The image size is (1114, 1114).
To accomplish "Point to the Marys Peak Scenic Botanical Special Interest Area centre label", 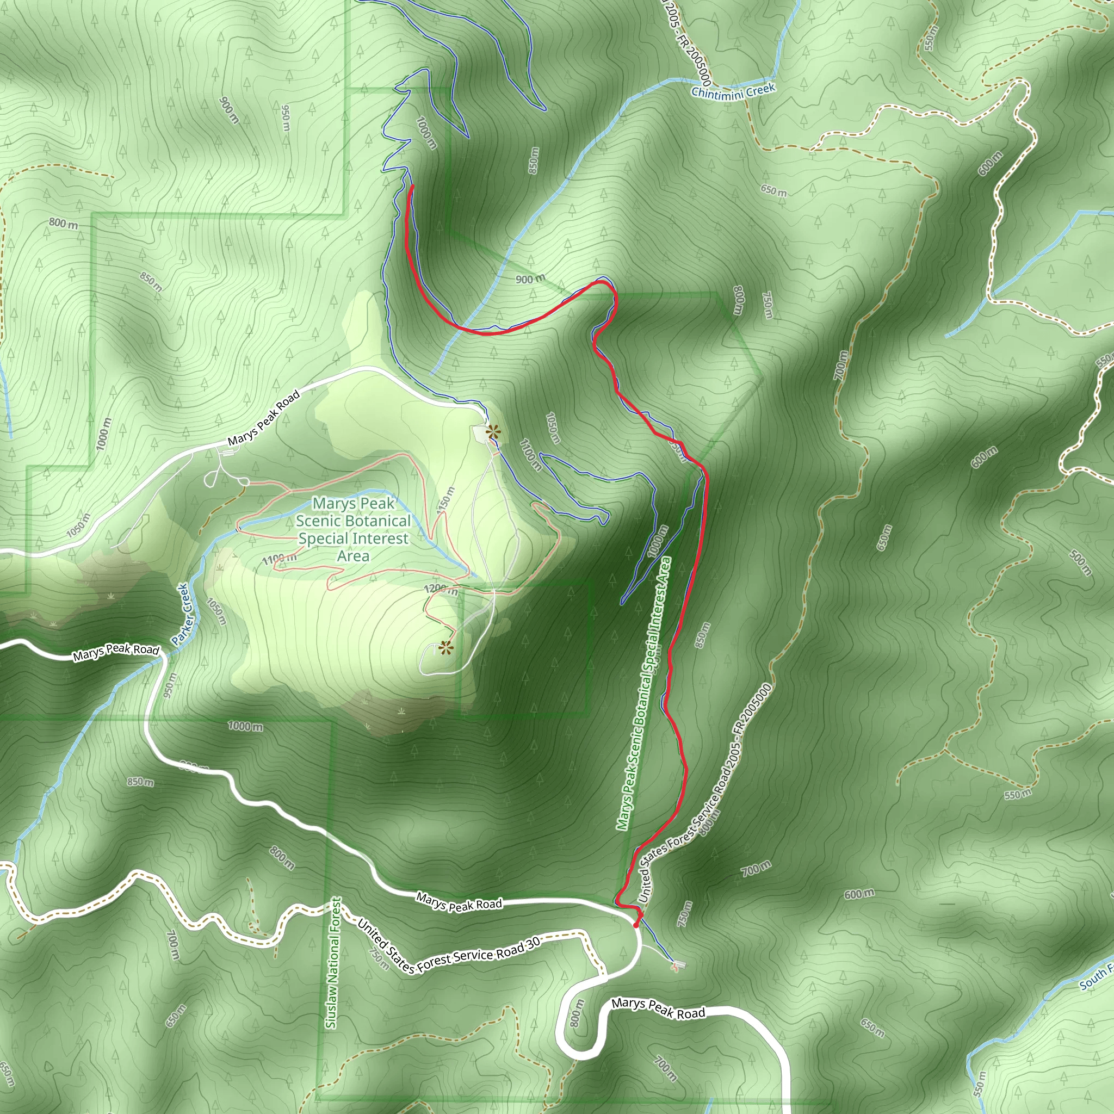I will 353,529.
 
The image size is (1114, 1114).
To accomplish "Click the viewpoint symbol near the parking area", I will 492,432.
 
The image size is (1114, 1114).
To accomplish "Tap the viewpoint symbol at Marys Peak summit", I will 445,648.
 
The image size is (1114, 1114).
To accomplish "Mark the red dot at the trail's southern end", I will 636,925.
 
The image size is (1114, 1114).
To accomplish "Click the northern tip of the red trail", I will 411,186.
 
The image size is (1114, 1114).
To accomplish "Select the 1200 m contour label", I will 441,589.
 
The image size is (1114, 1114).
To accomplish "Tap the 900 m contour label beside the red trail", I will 530,280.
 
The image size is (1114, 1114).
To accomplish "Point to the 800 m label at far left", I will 64,223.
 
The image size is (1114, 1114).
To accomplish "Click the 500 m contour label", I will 1080,563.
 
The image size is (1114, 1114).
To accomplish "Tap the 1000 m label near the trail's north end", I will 426,133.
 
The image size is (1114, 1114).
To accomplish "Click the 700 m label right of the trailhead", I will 756,868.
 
